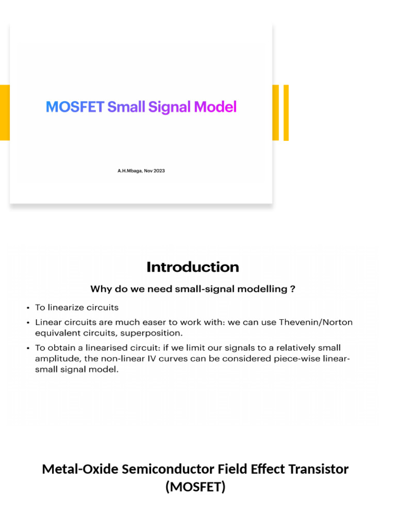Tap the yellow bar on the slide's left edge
(x=5, y=112)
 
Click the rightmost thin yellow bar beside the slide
(x=286, y=112)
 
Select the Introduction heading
(x=192, y=267)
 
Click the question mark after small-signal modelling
(x=292, y=289)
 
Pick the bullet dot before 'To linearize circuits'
(x=27, y=308)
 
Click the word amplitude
(x=54, y=358)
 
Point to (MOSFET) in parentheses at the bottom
(x=195, y=487)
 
